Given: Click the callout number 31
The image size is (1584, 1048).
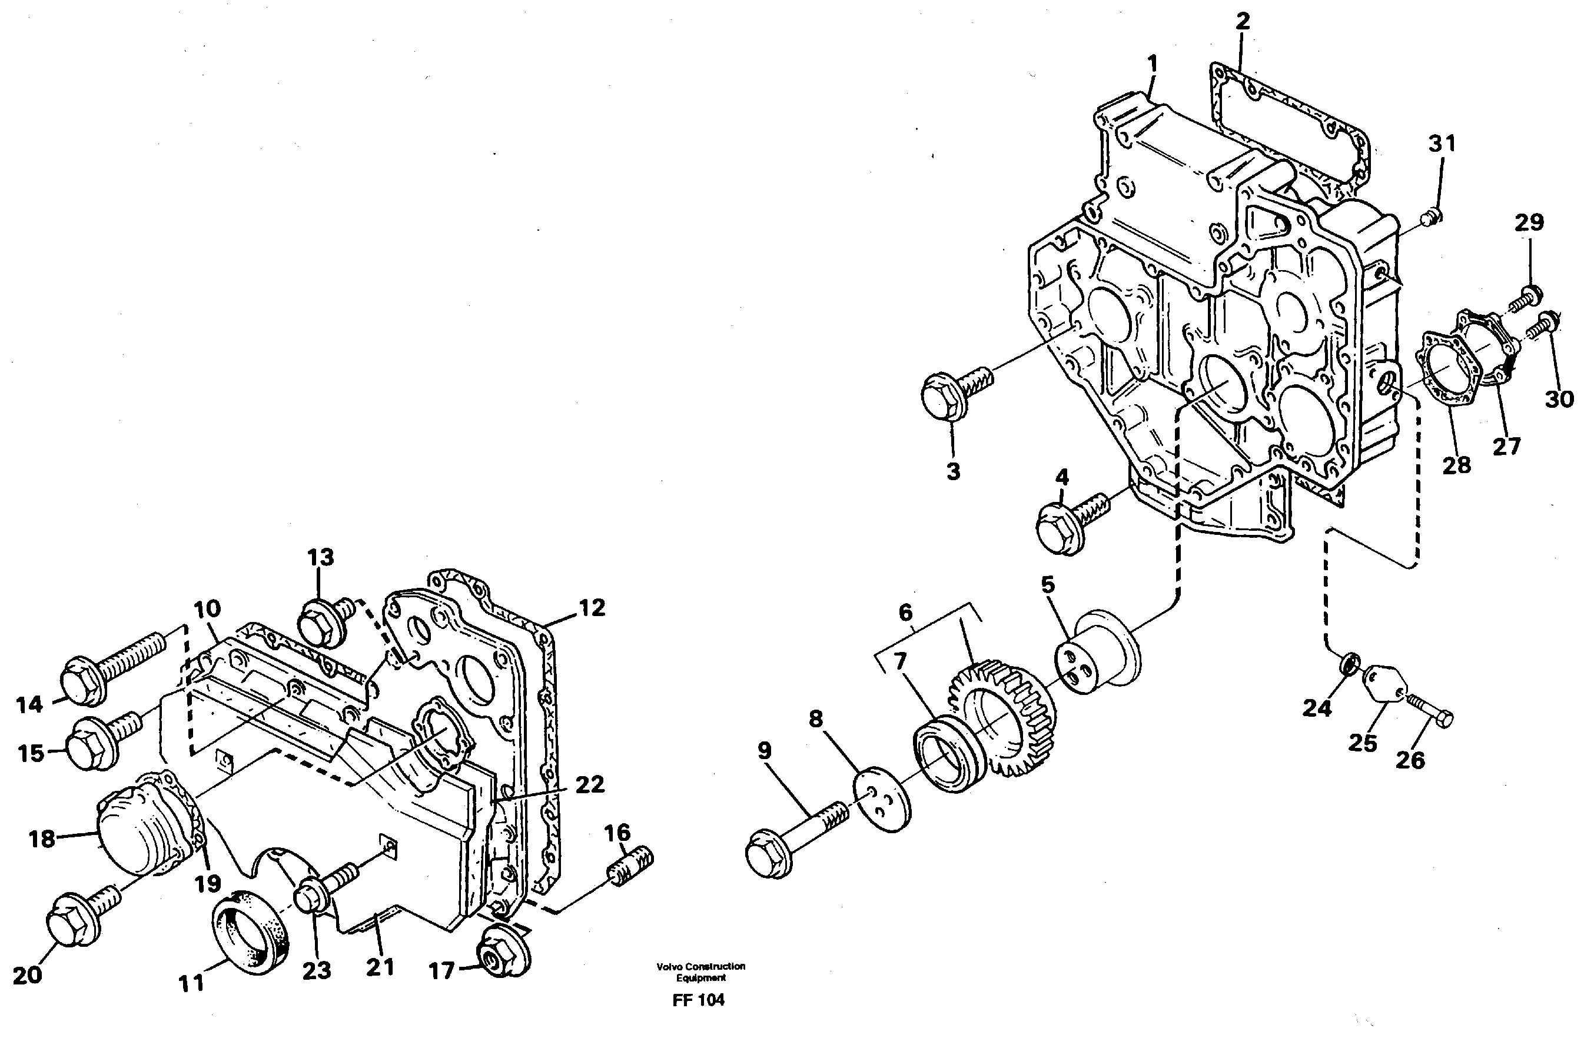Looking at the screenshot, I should pyautogui.click(x=1442, y=144).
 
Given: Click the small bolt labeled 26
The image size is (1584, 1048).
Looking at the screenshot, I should pyautogui.click(x=1430, y=713).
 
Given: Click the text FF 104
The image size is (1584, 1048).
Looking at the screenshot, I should pyautogui.click(x=699, y=1019).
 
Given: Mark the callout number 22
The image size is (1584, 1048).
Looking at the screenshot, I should pyautogui.click(x=589, y=784).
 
